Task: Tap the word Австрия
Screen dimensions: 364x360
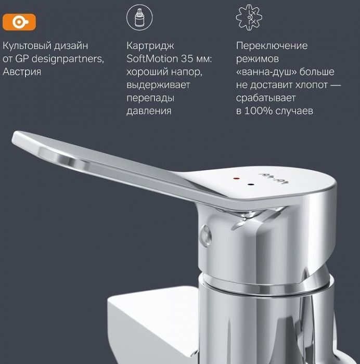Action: [22, 72]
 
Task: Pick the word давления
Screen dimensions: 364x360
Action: [149, 111]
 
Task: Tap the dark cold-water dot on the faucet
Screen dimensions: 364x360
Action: [250, 185]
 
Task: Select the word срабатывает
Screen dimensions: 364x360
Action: [266, 98]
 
